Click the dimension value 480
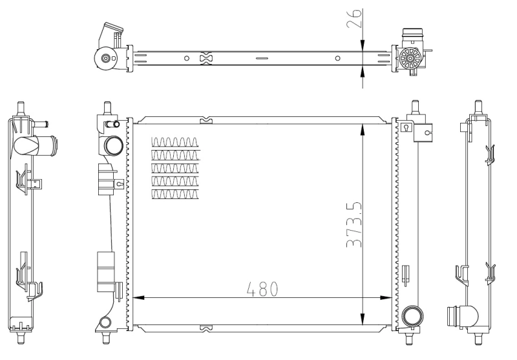[x=261, y=288]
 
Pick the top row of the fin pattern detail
[x=175, y=142]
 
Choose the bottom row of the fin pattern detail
[x=175, y=193]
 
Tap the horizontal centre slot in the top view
[x=261, y=58]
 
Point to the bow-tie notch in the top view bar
[x=206, y=58]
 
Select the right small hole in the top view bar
[x=337, y=58]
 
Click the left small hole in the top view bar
[x=187, y=58]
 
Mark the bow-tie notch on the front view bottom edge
[x=206, y=328]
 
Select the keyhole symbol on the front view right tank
[x=405, y=127]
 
